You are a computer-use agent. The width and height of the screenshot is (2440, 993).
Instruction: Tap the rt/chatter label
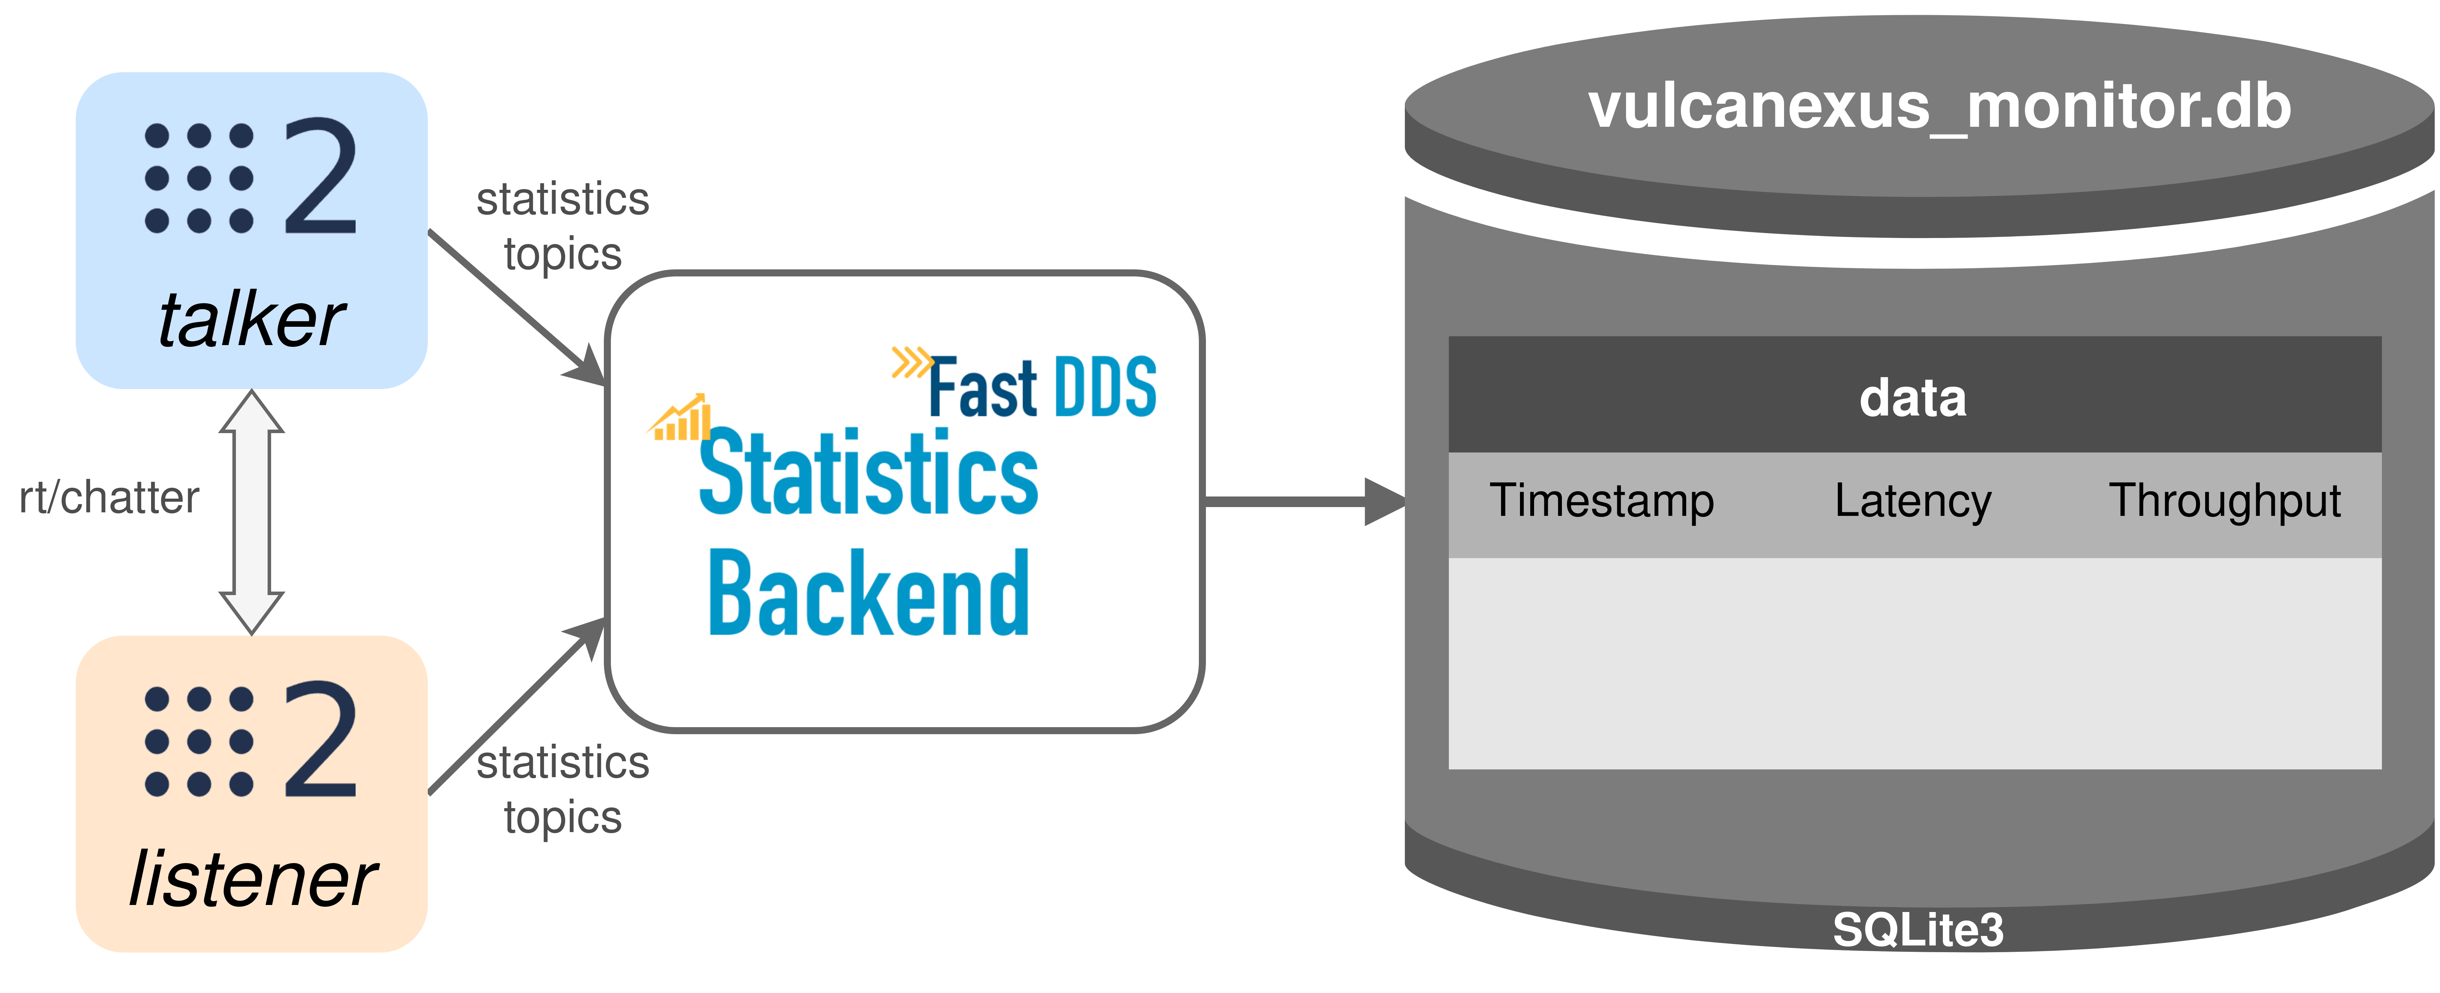click(x=109, y=498)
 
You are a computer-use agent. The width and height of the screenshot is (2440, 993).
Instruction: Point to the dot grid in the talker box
click(x=199, y=178)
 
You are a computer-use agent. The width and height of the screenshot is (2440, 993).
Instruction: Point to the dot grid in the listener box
click(x=199, y=741)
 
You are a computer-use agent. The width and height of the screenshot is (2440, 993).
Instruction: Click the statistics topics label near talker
click(x=563, y=226)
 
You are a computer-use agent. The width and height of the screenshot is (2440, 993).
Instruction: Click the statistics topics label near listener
click(x=563, y=789)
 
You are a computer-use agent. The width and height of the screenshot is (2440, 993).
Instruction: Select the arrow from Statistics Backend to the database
click(x=1305, y=501)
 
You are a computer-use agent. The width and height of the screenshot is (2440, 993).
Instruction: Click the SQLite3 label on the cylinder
click(x=1918, y=930)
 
